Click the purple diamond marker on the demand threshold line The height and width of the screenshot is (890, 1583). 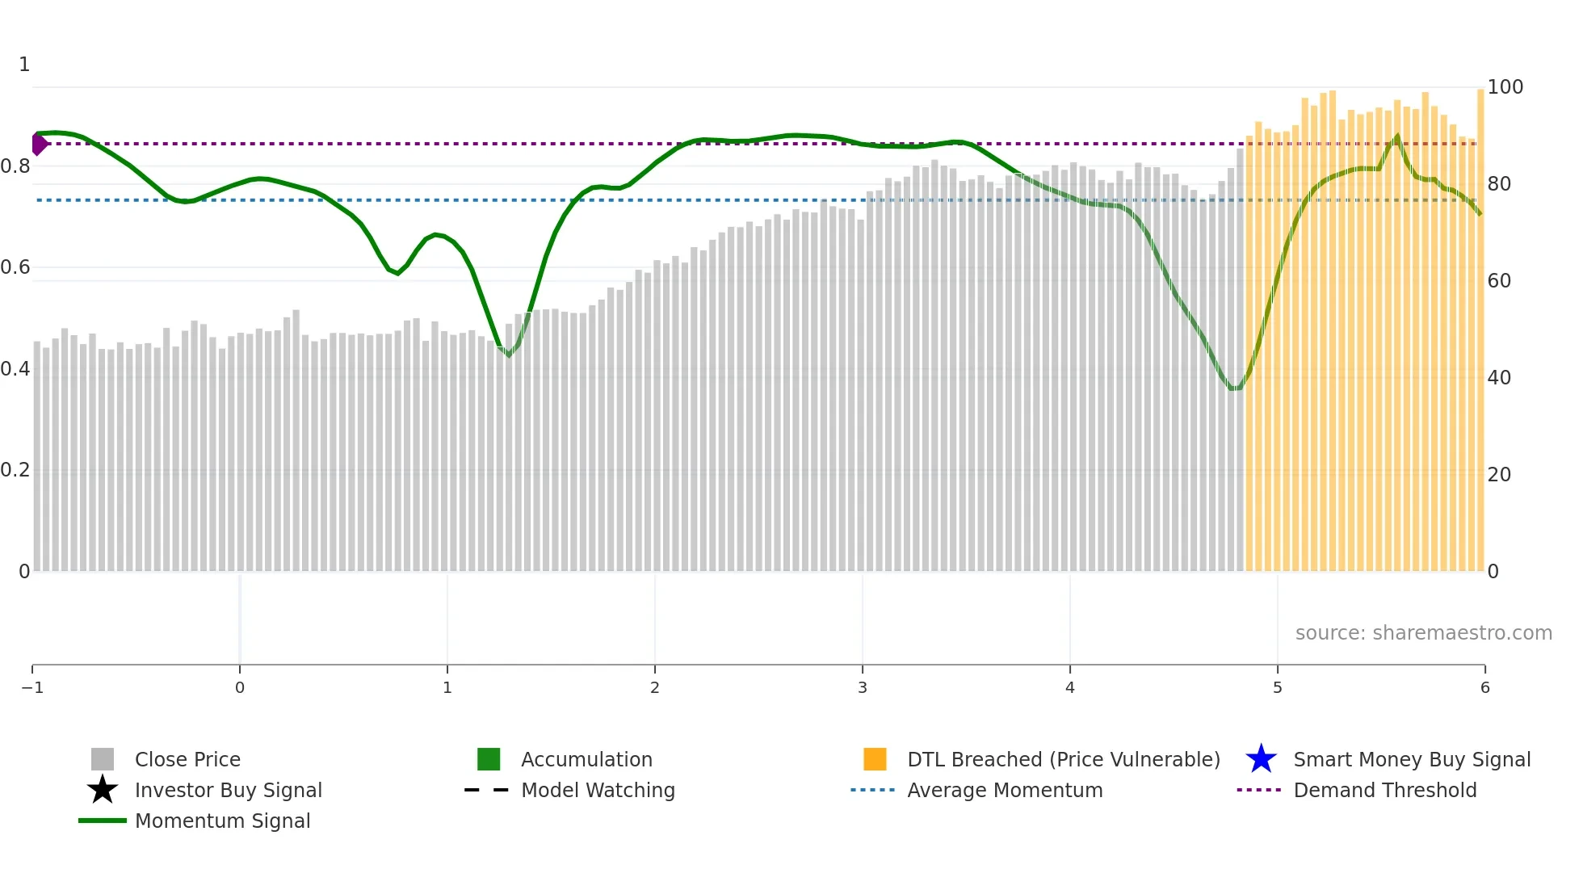click(x=39, y=144)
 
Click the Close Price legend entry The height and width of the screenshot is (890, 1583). click(x=187, y=759)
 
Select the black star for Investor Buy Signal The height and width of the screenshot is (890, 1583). click(x=103, y=790)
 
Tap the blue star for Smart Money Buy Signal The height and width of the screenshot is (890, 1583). click(x=1261, y=759)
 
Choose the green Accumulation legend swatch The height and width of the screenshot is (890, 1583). click(x=489, y=759)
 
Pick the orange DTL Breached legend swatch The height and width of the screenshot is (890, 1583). click(x=875, y=759)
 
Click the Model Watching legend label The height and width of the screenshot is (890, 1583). click(x=598, y=790)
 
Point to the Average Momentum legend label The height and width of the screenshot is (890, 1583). click(x=1005, y=790)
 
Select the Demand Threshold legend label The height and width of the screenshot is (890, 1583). click(x=1384, y=790)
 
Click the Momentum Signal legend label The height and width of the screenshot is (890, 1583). click(x=222, y=821)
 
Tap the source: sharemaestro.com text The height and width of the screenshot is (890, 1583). click(x=1423, y=632)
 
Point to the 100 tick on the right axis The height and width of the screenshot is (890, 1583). click(x=1505, y=87)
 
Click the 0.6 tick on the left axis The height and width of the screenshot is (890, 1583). click(x=15, y=267)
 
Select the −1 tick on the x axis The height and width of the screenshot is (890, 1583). click(x=32, y=687)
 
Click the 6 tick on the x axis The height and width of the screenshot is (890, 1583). click(x=1484, y=687)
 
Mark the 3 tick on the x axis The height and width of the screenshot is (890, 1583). click(x=863, y=687)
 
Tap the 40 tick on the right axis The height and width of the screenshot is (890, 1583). click(x=1499, y=377)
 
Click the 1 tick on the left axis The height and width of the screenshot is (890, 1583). click(x=24, y=65)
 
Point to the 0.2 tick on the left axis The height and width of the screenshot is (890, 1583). click(x=15, y=470)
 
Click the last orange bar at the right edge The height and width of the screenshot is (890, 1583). click(x=1480, y=323)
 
